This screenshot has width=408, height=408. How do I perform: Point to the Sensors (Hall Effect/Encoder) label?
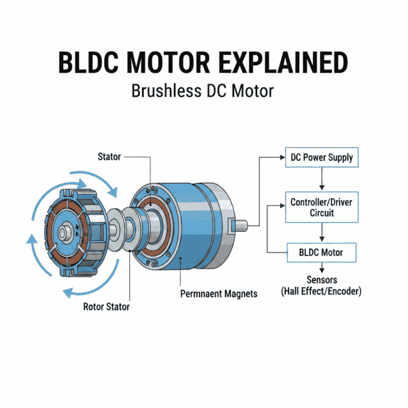click(x=321, y=285)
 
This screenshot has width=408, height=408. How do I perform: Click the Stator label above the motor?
click(x=108, y=157)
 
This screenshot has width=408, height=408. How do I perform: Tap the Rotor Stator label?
click(x=103, y=307)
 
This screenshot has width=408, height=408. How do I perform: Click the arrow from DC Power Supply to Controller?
click(x=321, y=180)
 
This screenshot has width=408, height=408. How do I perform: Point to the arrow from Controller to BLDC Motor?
click(x=321, y=232)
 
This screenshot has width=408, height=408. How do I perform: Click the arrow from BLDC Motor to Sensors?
click(x=321, y=268)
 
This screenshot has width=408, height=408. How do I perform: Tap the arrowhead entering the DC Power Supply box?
click(x=281, y=158)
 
